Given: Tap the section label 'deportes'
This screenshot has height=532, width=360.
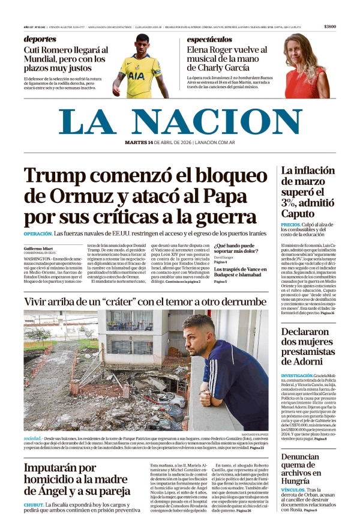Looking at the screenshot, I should coord(40,39).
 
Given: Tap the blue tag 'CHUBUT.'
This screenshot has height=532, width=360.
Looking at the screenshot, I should coord(34,505).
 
